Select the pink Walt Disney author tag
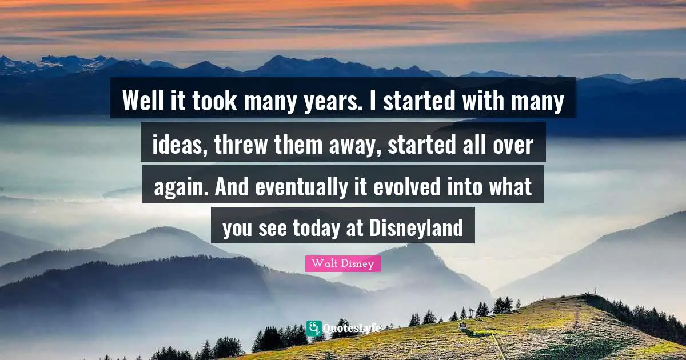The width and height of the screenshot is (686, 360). point(343,263)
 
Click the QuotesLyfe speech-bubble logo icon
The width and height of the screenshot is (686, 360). point(314,328)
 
